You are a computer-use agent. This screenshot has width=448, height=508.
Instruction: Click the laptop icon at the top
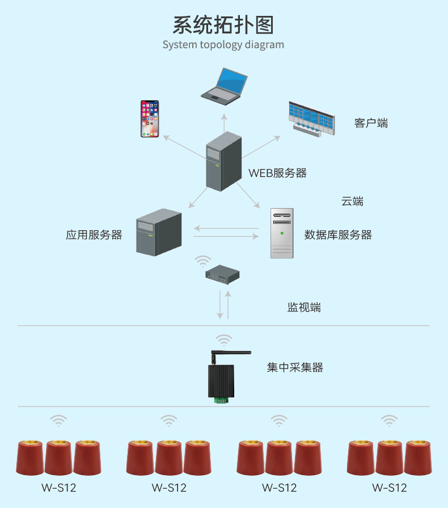[x=224, y=86]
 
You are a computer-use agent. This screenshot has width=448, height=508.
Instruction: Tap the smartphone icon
[x=150, y=119]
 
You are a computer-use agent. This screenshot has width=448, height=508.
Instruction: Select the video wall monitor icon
[x=311, y=119]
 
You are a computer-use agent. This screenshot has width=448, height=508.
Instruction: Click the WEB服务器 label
[x=277, y=173]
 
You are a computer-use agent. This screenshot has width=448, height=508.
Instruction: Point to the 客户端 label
[x=371, y=123]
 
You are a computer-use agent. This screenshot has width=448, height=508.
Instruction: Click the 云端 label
[x=352, y=201]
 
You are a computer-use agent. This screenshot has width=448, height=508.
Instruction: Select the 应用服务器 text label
[x=94, y=235]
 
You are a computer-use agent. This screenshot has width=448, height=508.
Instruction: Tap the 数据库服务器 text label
[x=338, y=235]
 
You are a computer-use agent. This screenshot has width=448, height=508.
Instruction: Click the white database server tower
[x=282, y=233]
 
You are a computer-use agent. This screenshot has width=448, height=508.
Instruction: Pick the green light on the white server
[x=282, y=233]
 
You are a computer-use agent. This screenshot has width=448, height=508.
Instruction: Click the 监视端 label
[x=304, y=307]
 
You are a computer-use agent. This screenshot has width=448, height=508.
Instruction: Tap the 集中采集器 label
[x=295, y=367]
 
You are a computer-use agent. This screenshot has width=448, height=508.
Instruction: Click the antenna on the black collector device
[x=231, y=354]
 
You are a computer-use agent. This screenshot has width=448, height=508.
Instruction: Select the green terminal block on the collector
[x=221, y=400]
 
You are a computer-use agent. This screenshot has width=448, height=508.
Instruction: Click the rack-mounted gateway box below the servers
[x=222, y=275]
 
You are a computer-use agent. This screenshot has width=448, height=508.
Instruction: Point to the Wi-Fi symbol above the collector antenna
[x=224, y=340]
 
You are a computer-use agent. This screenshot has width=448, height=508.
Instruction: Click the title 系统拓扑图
[x=223, y=26]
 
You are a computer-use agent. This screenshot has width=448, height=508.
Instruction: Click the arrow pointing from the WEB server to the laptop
[x=224, y=123]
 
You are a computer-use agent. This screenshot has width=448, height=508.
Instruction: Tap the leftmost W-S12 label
[x=58, y=488]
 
